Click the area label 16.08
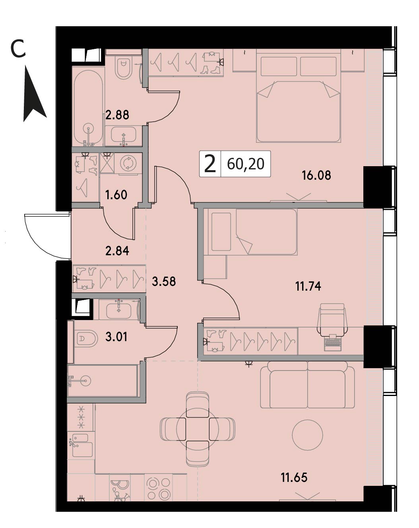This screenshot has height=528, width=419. (316, 176)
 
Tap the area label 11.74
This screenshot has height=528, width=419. (308, 286)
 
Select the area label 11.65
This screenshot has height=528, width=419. (294, 478)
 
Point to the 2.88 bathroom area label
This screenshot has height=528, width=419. (117, 115)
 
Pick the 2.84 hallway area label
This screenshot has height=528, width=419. (117, 251)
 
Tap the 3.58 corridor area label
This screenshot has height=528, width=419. (164, 281)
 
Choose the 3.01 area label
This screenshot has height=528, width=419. (116, 337)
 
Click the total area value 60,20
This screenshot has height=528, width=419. (246, 164)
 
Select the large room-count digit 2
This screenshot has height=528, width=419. (210, 164)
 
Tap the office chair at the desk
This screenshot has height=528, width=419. (332, 318)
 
